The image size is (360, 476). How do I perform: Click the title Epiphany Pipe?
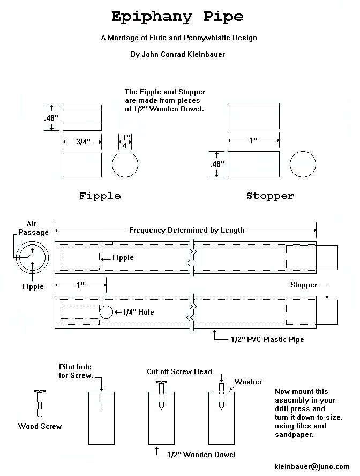177,17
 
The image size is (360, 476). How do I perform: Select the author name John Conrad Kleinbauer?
178,54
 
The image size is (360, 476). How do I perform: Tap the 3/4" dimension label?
82,142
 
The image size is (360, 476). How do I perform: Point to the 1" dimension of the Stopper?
253,140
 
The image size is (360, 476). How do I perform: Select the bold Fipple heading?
100,196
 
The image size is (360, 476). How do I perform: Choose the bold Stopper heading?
270,196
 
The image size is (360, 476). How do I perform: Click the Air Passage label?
33,228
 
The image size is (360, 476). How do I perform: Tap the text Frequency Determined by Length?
186,230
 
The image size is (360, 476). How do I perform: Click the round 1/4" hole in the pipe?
107,312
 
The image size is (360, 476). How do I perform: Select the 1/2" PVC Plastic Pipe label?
267,339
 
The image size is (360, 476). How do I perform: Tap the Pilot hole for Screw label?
76,370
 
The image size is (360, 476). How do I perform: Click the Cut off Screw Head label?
179,371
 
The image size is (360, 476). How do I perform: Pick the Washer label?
249,382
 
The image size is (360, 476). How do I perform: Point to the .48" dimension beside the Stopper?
216,164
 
